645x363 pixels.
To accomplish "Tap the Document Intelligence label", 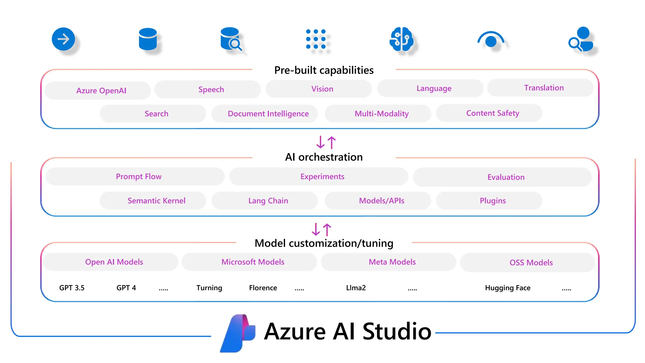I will pyautogui.click(x=268, y=114).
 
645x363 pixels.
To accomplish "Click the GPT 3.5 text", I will pyautogui.click(x=72, y=288).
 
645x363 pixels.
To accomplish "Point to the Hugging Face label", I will pyautogui.click(x=508, y=288).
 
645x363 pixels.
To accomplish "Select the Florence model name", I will pyautogui.click(x=263, y=288).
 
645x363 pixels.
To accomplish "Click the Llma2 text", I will pyautogui.click(x=356, y=288).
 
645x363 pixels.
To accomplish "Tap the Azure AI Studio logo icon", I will pyautogui.click(x=238, y=333).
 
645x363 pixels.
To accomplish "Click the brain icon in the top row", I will pyautogui.click(x=401, y=39).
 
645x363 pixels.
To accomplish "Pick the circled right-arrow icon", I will pyautogui.click(x=63, y=39).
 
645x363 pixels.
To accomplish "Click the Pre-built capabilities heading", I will pyautogui.click(x=324, y=70).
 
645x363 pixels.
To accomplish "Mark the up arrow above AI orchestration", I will pyautogui.click(x=332, y=142).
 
